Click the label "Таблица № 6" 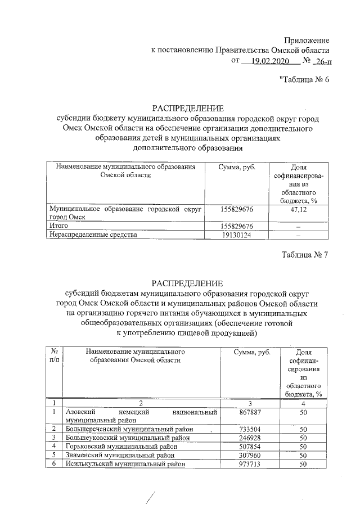point(304,79)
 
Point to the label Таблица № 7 point(304,254)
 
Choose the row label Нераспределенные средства point(93,235)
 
